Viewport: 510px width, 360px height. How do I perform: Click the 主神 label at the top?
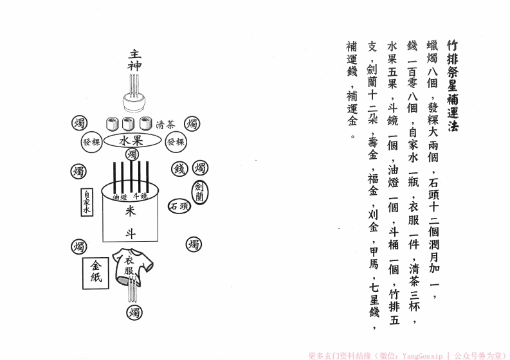click(x=134, y=59)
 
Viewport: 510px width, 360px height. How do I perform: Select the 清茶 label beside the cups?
click(x=165, y=125)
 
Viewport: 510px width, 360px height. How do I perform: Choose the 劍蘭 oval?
click(x=199, y=192)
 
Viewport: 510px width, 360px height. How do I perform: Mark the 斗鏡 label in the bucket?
click(x=140, y=196)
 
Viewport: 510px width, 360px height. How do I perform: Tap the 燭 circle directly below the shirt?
click(x=134, y=313)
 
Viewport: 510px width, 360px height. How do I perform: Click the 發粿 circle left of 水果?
click(x=90, y=142)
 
